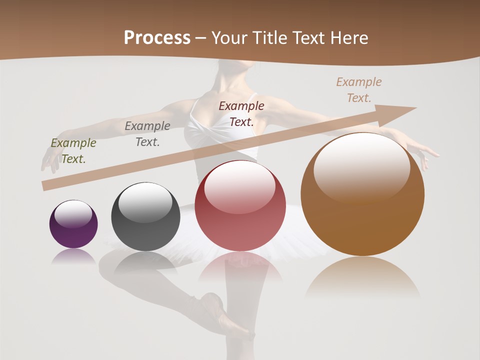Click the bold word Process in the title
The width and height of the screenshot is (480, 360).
pos(157,38)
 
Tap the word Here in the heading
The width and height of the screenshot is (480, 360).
pos(348,38)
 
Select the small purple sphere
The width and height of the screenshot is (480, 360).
pos(73,224)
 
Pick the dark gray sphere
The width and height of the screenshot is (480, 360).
pos(145,217)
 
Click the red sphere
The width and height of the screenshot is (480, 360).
pos(240,205)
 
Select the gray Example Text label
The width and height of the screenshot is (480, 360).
pos(147,134)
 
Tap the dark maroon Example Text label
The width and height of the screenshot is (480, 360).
pos(241,113)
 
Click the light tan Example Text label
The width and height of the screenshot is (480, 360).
pos(359,90)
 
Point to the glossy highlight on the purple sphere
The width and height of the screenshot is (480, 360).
pos(73,213)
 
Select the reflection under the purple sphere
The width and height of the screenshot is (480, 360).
pos(73,256)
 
